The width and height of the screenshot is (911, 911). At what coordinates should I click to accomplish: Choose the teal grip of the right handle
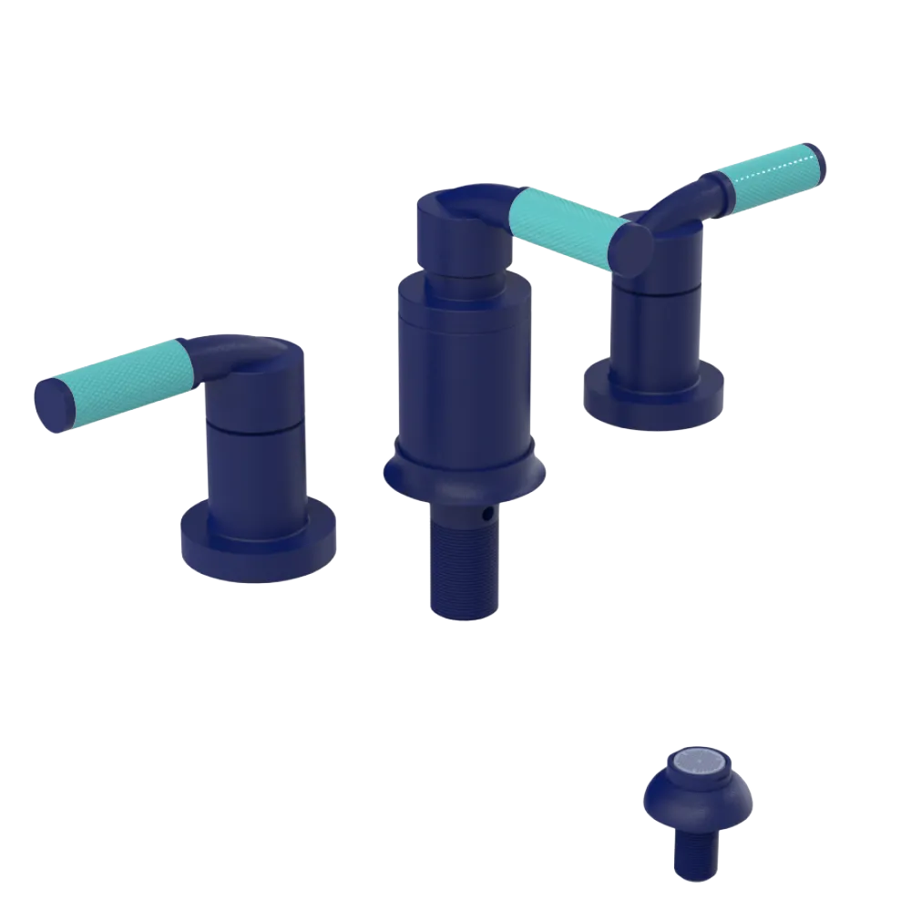pos(770,171)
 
